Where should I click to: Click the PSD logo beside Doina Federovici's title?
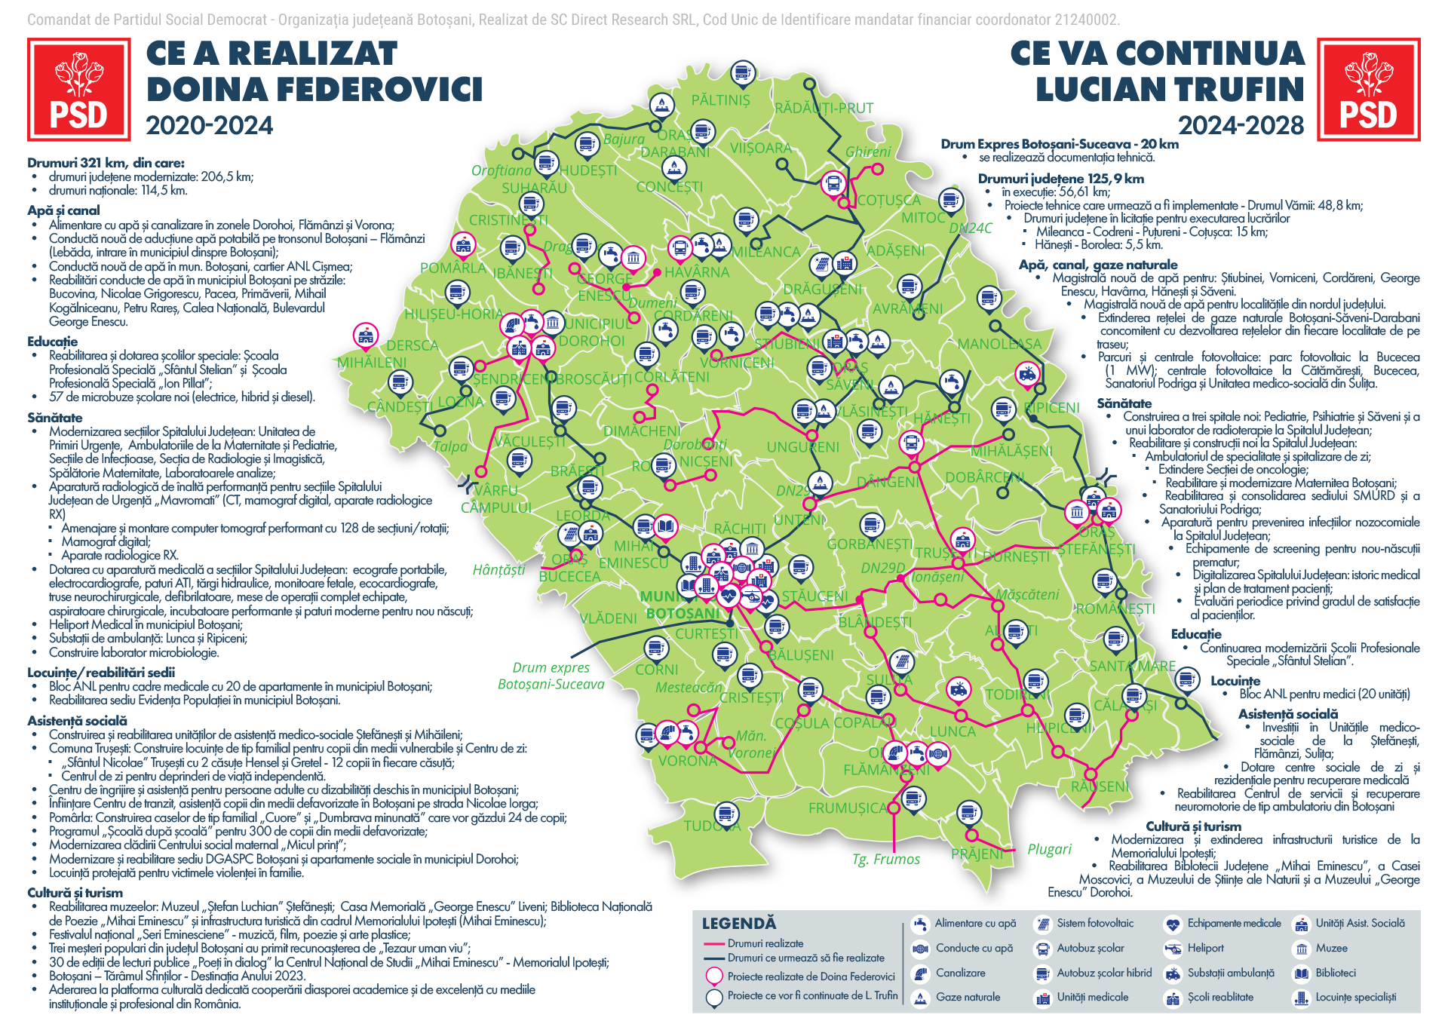click(x=78, y=90)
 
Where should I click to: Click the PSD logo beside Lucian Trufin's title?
click(x=1368, y=90)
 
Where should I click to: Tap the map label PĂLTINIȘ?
click(x=720, y=100)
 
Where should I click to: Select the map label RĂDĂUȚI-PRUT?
click(x=824, y=109)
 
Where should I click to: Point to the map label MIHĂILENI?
click(x=372, y=363)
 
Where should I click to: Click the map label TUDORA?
click(x=712, y=826)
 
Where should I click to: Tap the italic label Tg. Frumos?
click(x=886, y=860)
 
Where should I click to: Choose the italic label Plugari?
click(x=1049, y=850)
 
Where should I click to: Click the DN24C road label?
click(x=970, y=228)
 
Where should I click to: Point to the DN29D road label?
click(x=882, y=568)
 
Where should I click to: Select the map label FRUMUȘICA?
click(x=848, y=808)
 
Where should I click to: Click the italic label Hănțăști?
click(x=499, y=570)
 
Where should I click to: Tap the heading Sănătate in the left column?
click(x=55, y=418)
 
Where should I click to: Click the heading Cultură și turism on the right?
click(x=1193, y=826)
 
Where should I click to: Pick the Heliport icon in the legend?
click(x=1172, y=949)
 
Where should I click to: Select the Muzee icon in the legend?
click(x=1301, y=949)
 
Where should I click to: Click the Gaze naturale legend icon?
click(x=920, y=998)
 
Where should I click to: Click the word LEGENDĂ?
click(x=738, y=924)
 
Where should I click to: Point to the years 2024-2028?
click(x=1241, y=126)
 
